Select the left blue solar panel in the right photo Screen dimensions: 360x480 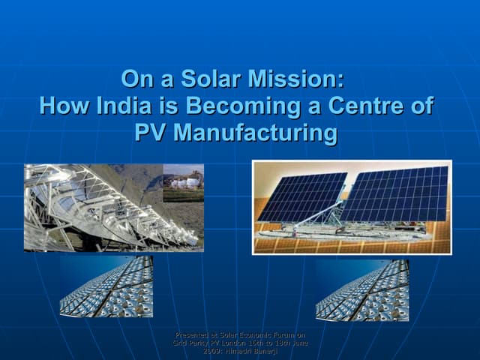coord(301,196)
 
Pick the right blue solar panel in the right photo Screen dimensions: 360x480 coord(394,193)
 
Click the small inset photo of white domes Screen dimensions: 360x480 coord(182,182)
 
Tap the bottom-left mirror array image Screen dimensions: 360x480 coord(106,286)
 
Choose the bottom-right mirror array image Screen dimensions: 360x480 coord(361,290)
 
